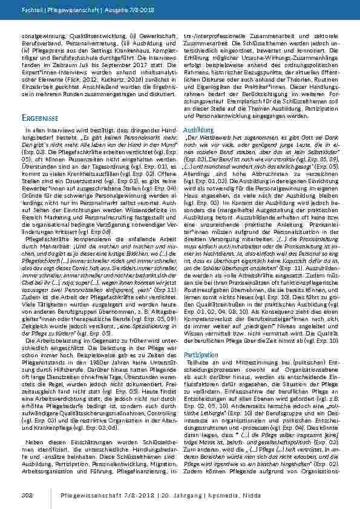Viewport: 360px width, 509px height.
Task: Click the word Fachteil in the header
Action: tap(31, 11)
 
